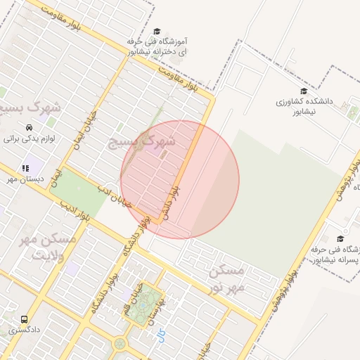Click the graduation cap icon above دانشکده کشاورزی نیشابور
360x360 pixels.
pos(304,91)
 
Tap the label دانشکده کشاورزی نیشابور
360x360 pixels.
pos(304,106)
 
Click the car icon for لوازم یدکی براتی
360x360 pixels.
pos(28,128)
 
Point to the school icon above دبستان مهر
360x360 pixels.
pos(25,169)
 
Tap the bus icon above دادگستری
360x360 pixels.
pos(25,319)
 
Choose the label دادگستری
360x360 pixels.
pos(25,329)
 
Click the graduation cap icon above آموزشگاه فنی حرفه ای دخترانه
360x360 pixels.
pos(157,32)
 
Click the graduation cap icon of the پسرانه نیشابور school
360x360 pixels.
pos(340,239)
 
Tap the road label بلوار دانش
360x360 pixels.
pos(172,205)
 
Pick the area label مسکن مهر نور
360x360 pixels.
pos(228,278)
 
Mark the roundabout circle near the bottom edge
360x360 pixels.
pos(120,345)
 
